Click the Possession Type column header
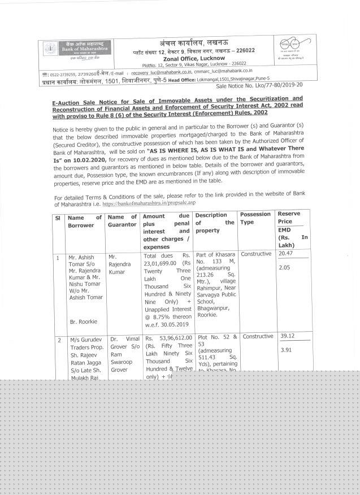pyautogui.click(x=255, y=219)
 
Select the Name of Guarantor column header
pyautogui.click(x=122, y=220)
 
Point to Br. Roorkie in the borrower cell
pyautogui.click(x=83, y=322)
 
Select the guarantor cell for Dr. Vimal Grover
pyautogui.click(x=122, y=352)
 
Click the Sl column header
pyautogui.click(x=57, y=216)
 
